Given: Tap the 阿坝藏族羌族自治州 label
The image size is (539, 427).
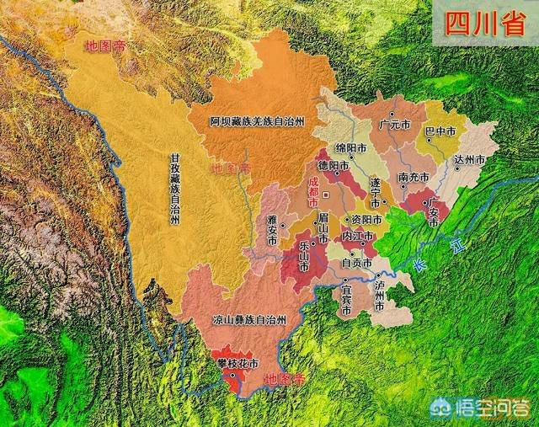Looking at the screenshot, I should tap(257, 121).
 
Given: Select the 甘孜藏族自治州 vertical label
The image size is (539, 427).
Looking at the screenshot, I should tap(174, 189).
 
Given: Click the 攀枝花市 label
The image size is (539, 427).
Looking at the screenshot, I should tap(237, 364).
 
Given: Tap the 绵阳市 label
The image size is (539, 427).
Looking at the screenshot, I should tap(350, 147).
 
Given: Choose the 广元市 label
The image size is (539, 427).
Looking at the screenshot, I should tap(395, 124).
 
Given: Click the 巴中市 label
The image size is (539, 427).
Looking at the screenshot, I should tap(440, 131).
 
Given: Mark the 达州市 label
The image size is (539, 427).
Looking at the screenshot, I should tap(470, 159).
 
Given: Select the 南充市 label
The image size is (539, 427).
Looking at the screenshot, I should tap(414, 177).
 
